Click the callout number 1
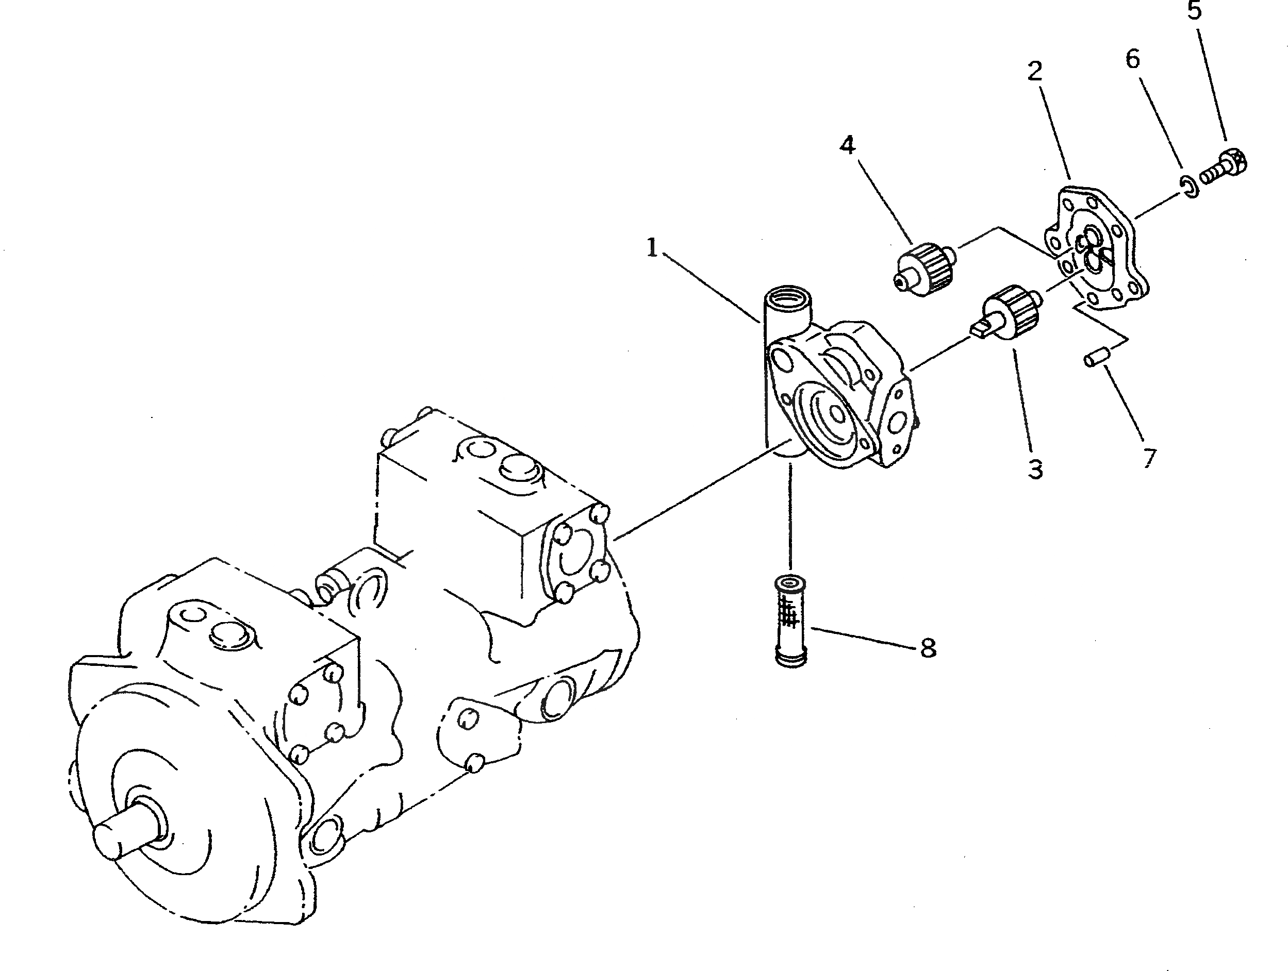(652, 248)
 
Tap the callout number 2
(1034, 71)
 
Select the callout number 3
(1035, 469)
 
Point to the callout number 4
(847, 145)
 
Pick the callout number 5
(1194, 10)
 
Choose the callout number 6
(1132, 59)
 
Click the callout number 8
(928, 647)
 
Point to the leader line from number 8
(862, 637)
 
